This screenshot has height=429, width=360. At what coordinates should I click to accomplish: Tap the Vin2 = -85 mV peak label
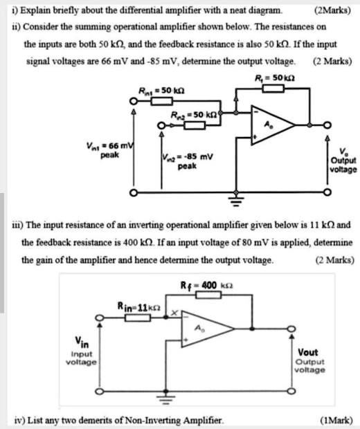(x=182, y=162)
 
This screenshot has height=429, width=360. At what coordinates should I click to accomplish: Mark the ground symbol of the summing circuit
(x=237, y=201)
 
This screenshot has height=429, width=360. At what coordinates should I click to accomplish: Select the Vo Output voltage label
(x=343, y=160)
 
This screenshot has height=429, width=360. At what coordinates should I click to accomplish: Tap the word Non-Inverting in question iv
(x=165, y=419)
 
